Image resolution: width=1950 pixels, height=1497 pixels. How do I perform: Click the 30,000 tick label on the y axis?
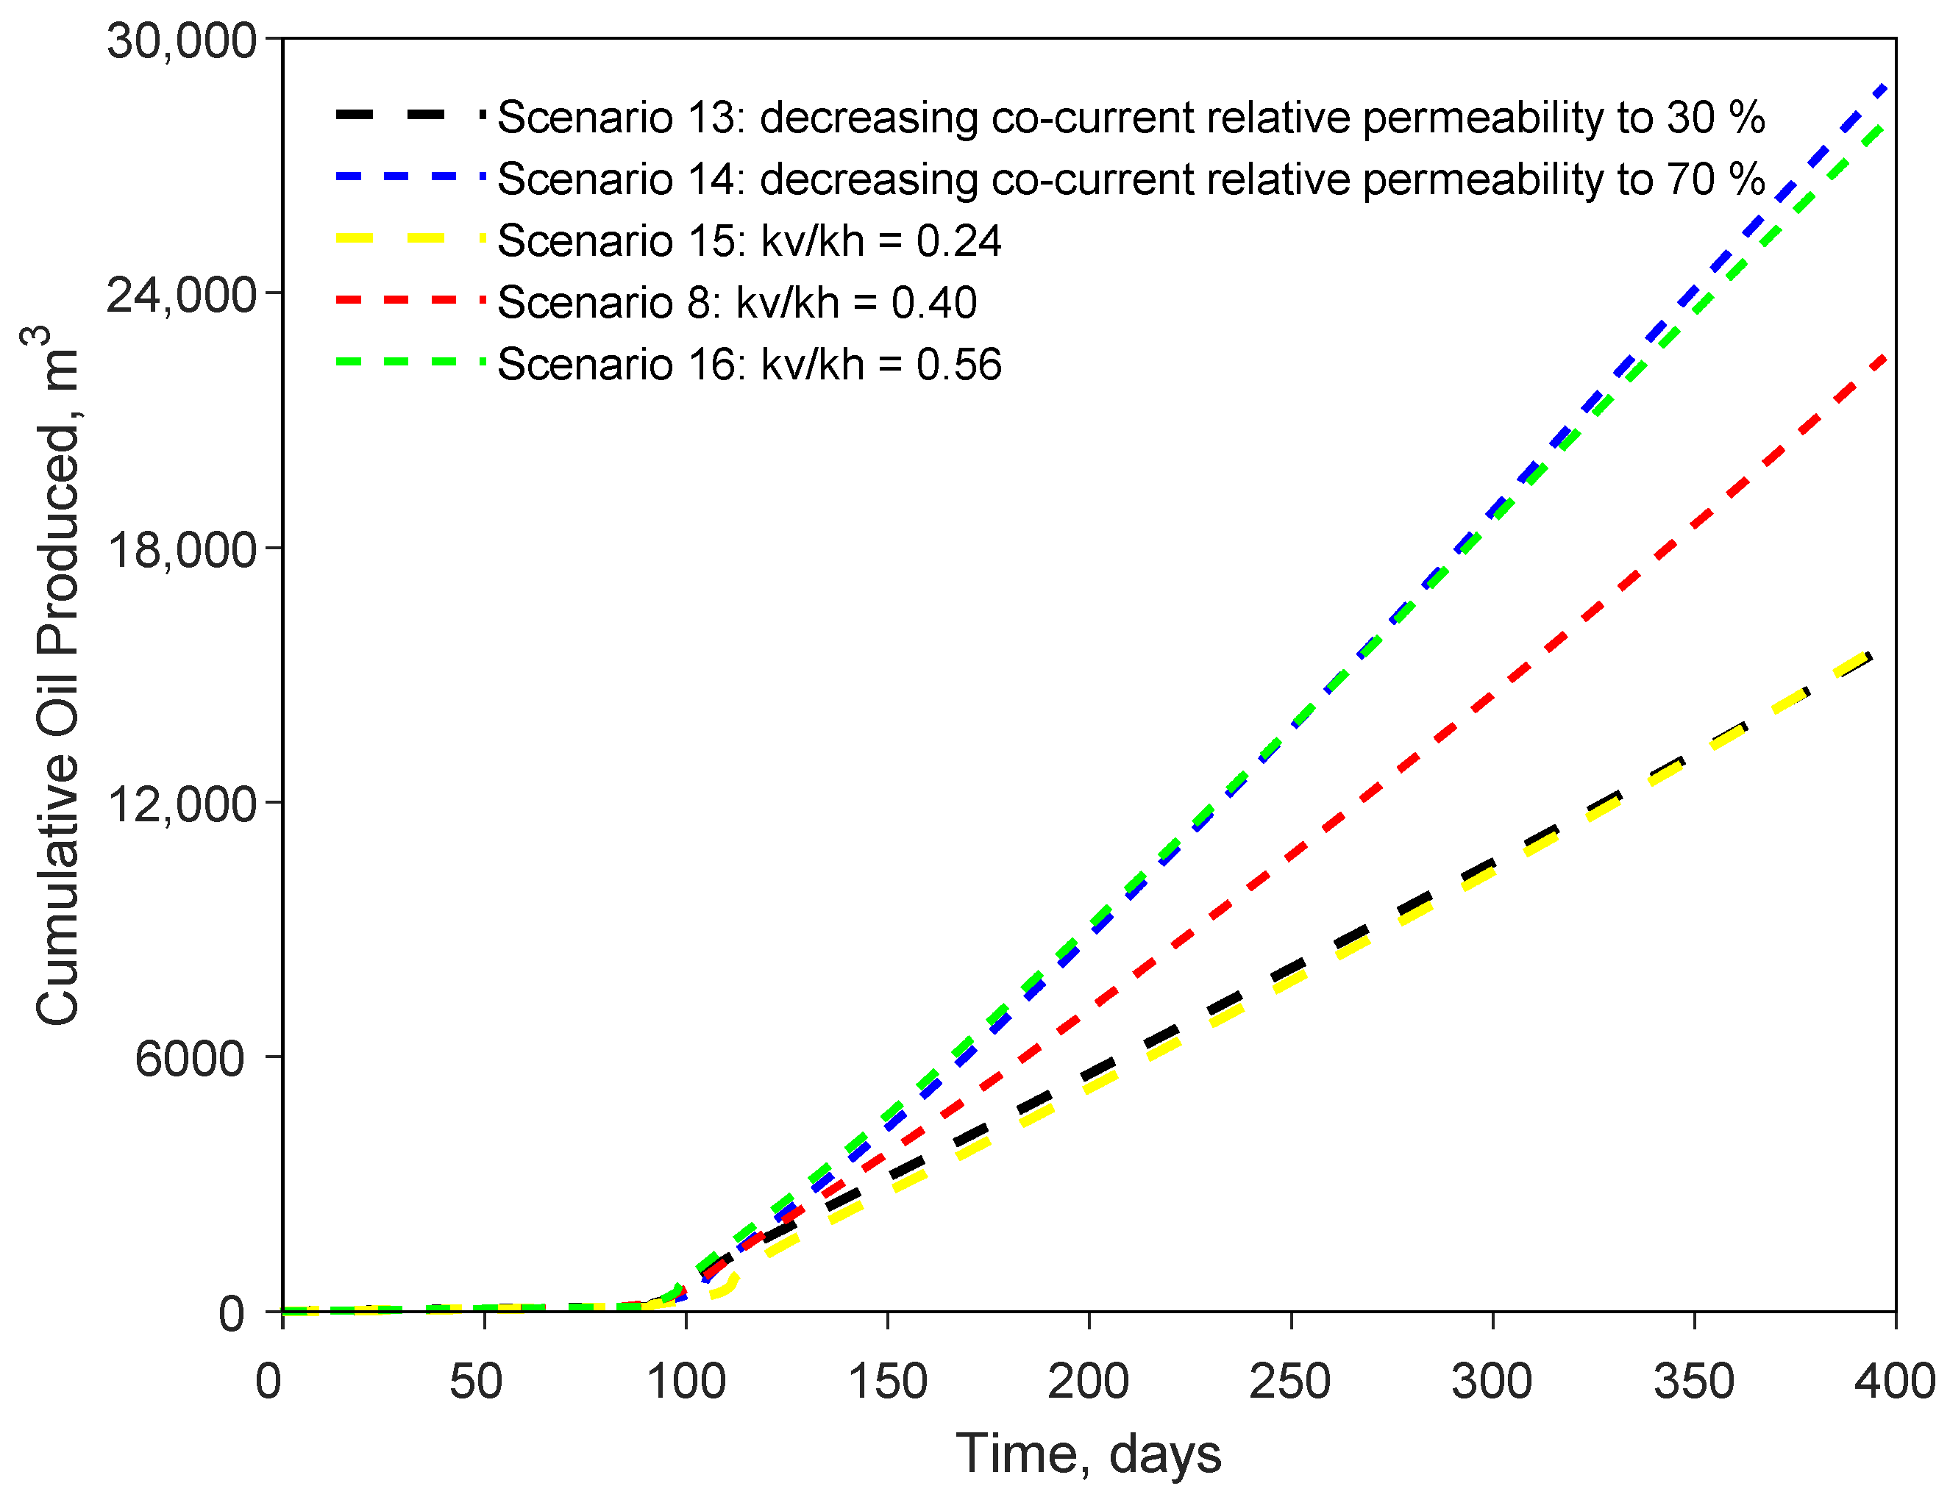[182, 41]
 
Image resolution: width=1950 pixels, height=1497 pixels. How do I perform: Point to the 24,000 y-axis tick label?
[182, 296]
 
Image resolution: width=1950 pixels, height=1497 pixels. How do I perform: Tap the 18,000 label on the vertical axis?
[182, 550]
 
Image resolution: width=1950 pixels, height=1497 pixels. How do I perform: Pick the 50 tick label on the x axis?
[476, 1381]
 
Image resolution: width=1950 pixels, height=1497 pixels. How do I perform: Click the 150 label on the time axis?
[887, 1381]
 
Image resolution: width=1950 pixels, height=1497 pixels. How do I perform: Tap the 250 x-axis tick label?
[1289, 1381]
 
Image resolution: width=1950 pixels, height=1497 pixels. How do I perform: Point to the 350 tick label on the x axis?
[1693, 1381]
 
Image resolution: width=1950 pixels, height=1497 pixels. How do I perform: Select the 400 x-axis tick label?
[1895, 1381]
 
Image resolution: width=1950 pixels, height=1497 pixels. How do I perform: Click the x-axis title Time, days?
[1088, 1454]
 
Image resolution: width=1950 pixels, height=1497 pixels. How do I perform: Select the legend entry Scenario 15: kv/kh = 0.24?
[749, 240]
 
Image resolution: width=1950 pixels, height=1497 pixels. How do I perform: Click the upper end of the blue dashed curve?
[1884, 87]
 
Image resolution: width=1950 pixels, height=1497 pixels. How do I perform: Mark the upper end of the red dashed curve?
[1882, 358]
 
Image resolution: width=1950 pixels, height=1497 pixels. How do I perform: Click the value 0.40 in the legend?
[934, 303]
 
